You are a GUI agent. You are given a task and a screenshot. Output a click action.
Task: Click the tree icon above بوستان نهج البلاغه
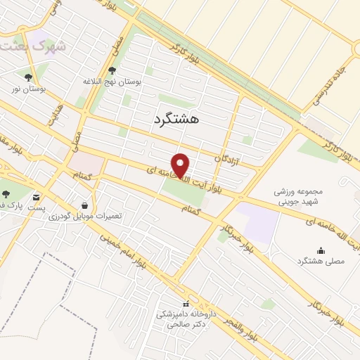[x=112, y=70]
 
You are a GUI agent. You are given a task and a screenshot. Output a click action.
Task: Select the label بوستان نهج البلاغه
[x=112, y=82]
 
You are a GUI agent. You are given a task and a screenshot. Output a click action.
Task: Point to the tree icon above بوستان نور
[x=28, y=77]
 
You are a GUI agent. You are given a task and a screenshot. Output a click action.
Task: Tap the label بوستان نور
[x=27, y=89]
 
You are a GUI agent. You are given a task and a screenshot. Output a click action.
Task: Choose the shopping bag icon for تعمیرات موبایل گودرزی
[x=85, y=205]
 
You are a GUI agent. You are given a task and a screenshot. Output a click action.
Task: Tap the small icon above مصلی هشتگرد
[x=321, y=250]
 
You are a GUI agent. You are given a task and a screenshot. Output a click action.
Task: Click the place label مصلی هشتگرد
[x=321, y=262]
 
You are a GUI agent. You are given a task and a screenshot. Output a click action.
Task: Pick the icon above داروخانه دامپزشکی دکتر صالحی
[x=186, y=304]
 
